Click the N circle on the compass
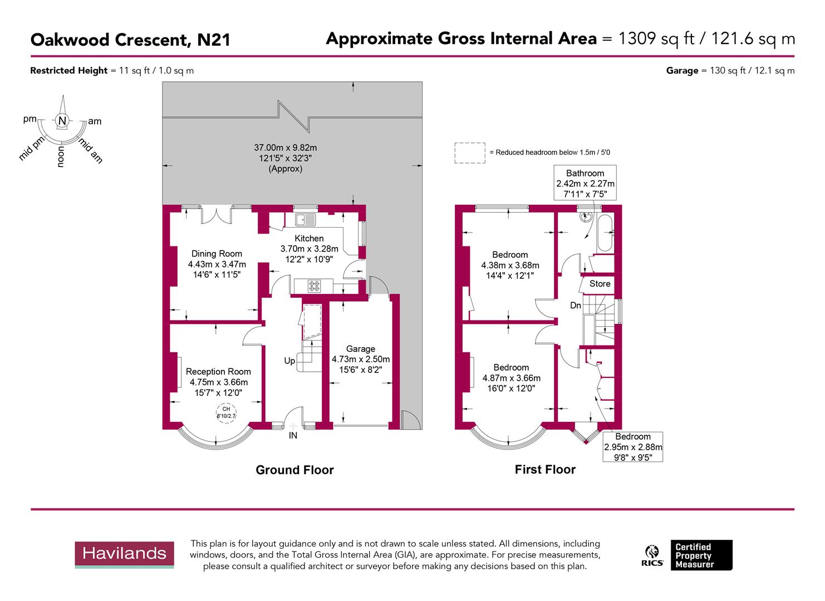coord(62,121)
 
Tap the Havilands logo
coord(124,554)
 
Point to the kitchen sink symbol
coord(306,220)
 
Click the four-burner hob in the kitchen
coord(315,286)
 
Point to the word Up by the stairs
coord(289,361)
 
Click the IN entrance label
coord(293,436)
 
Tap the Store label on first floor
coord(600,284)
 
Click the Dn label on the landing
coord(576,306)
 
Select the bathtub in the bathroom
coord(605,233)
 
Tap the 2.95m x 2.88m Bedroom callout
coord(633,447)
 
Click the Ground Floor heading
coord(294,470)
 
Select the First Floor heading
coord(545,470)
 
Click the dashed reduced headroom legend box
coord(469,152)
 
